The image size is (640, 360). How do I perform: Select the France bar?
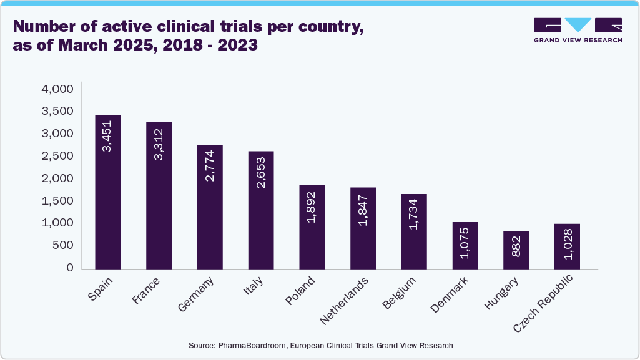pos(159,196)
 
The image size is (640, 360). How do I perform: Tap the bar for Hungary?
pos(517,250)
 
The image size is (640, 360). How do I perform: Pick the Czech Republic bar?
pos(568,246)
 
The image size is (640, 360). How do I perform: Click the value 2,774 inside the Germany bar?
pos(210,165)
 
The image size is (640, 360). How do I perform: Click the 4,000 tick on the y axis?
pos(57,89)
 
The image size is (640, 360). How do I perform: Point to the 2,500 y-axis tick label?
pos(57,156)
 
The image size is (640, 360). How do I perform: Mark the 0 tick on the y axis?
pos(70,268)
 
